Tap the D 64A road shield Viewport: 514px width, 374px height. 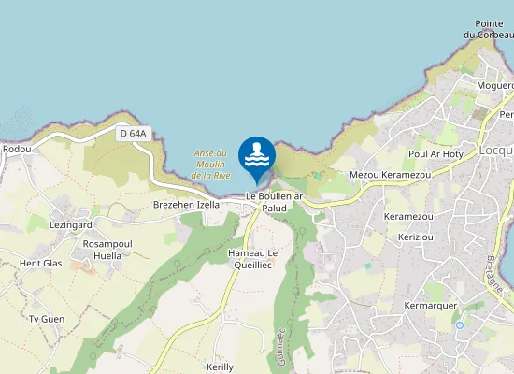(134, 134)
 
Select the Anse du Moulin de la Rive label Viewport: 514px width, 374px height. (210, 164)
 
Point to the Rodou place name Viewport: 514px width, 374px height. (17, 149)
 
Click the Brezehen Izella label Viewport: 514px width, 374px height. (186, 204)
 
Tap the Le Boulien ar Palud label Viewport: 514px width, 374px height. (276, 202)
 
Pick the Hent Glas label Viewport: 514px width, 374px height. (40, 264)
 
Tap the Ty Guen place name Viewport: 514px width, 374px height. (47, 319)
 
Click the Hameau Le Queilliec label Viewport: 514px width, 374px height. (253, 259)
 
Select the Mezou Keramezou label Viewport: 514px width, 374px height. (390, 175)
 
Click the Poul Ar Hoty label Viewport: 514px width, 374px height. (436, 153)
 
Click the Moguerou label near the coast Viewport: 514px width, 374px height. (494, 85)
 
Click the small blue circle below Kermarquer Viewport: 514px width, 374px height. (459, 325)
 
